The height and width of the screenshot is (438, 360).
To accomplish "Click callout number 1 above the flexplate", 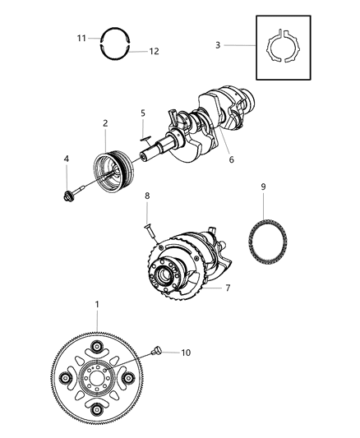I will [97, 306].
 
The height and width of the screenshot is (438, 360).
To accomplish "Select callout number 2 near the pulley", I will [105, 123].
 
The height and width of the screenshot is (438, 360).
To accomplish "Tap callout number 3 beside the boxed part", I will [218, 45].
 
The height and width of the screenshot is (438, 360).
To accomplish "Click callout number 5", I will [142, 113].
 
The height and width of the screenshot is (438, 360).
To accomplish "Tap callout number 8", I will [146, 219].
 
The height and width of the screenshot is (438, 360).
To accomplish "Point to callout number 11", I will [81, 38].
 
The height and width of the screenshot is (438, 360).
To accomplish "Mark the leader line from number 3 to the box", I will [238, 45].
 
